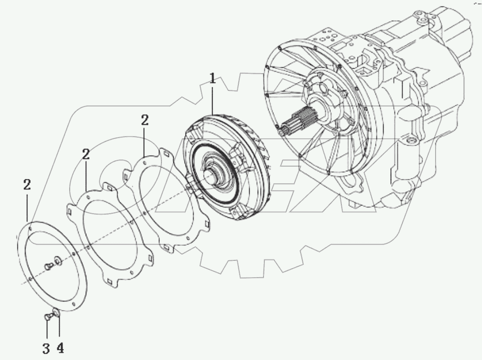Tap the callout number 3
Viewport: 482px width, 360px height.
[46, 348]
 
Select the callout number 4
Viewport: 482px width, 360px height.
[60, 348]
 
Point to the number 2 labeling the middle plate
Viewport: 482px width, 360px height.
[86, 155]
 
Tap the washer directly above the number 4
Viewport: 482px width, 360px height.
[57, 313]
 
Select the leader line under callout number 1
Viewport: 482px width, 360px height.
[212, 100]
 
